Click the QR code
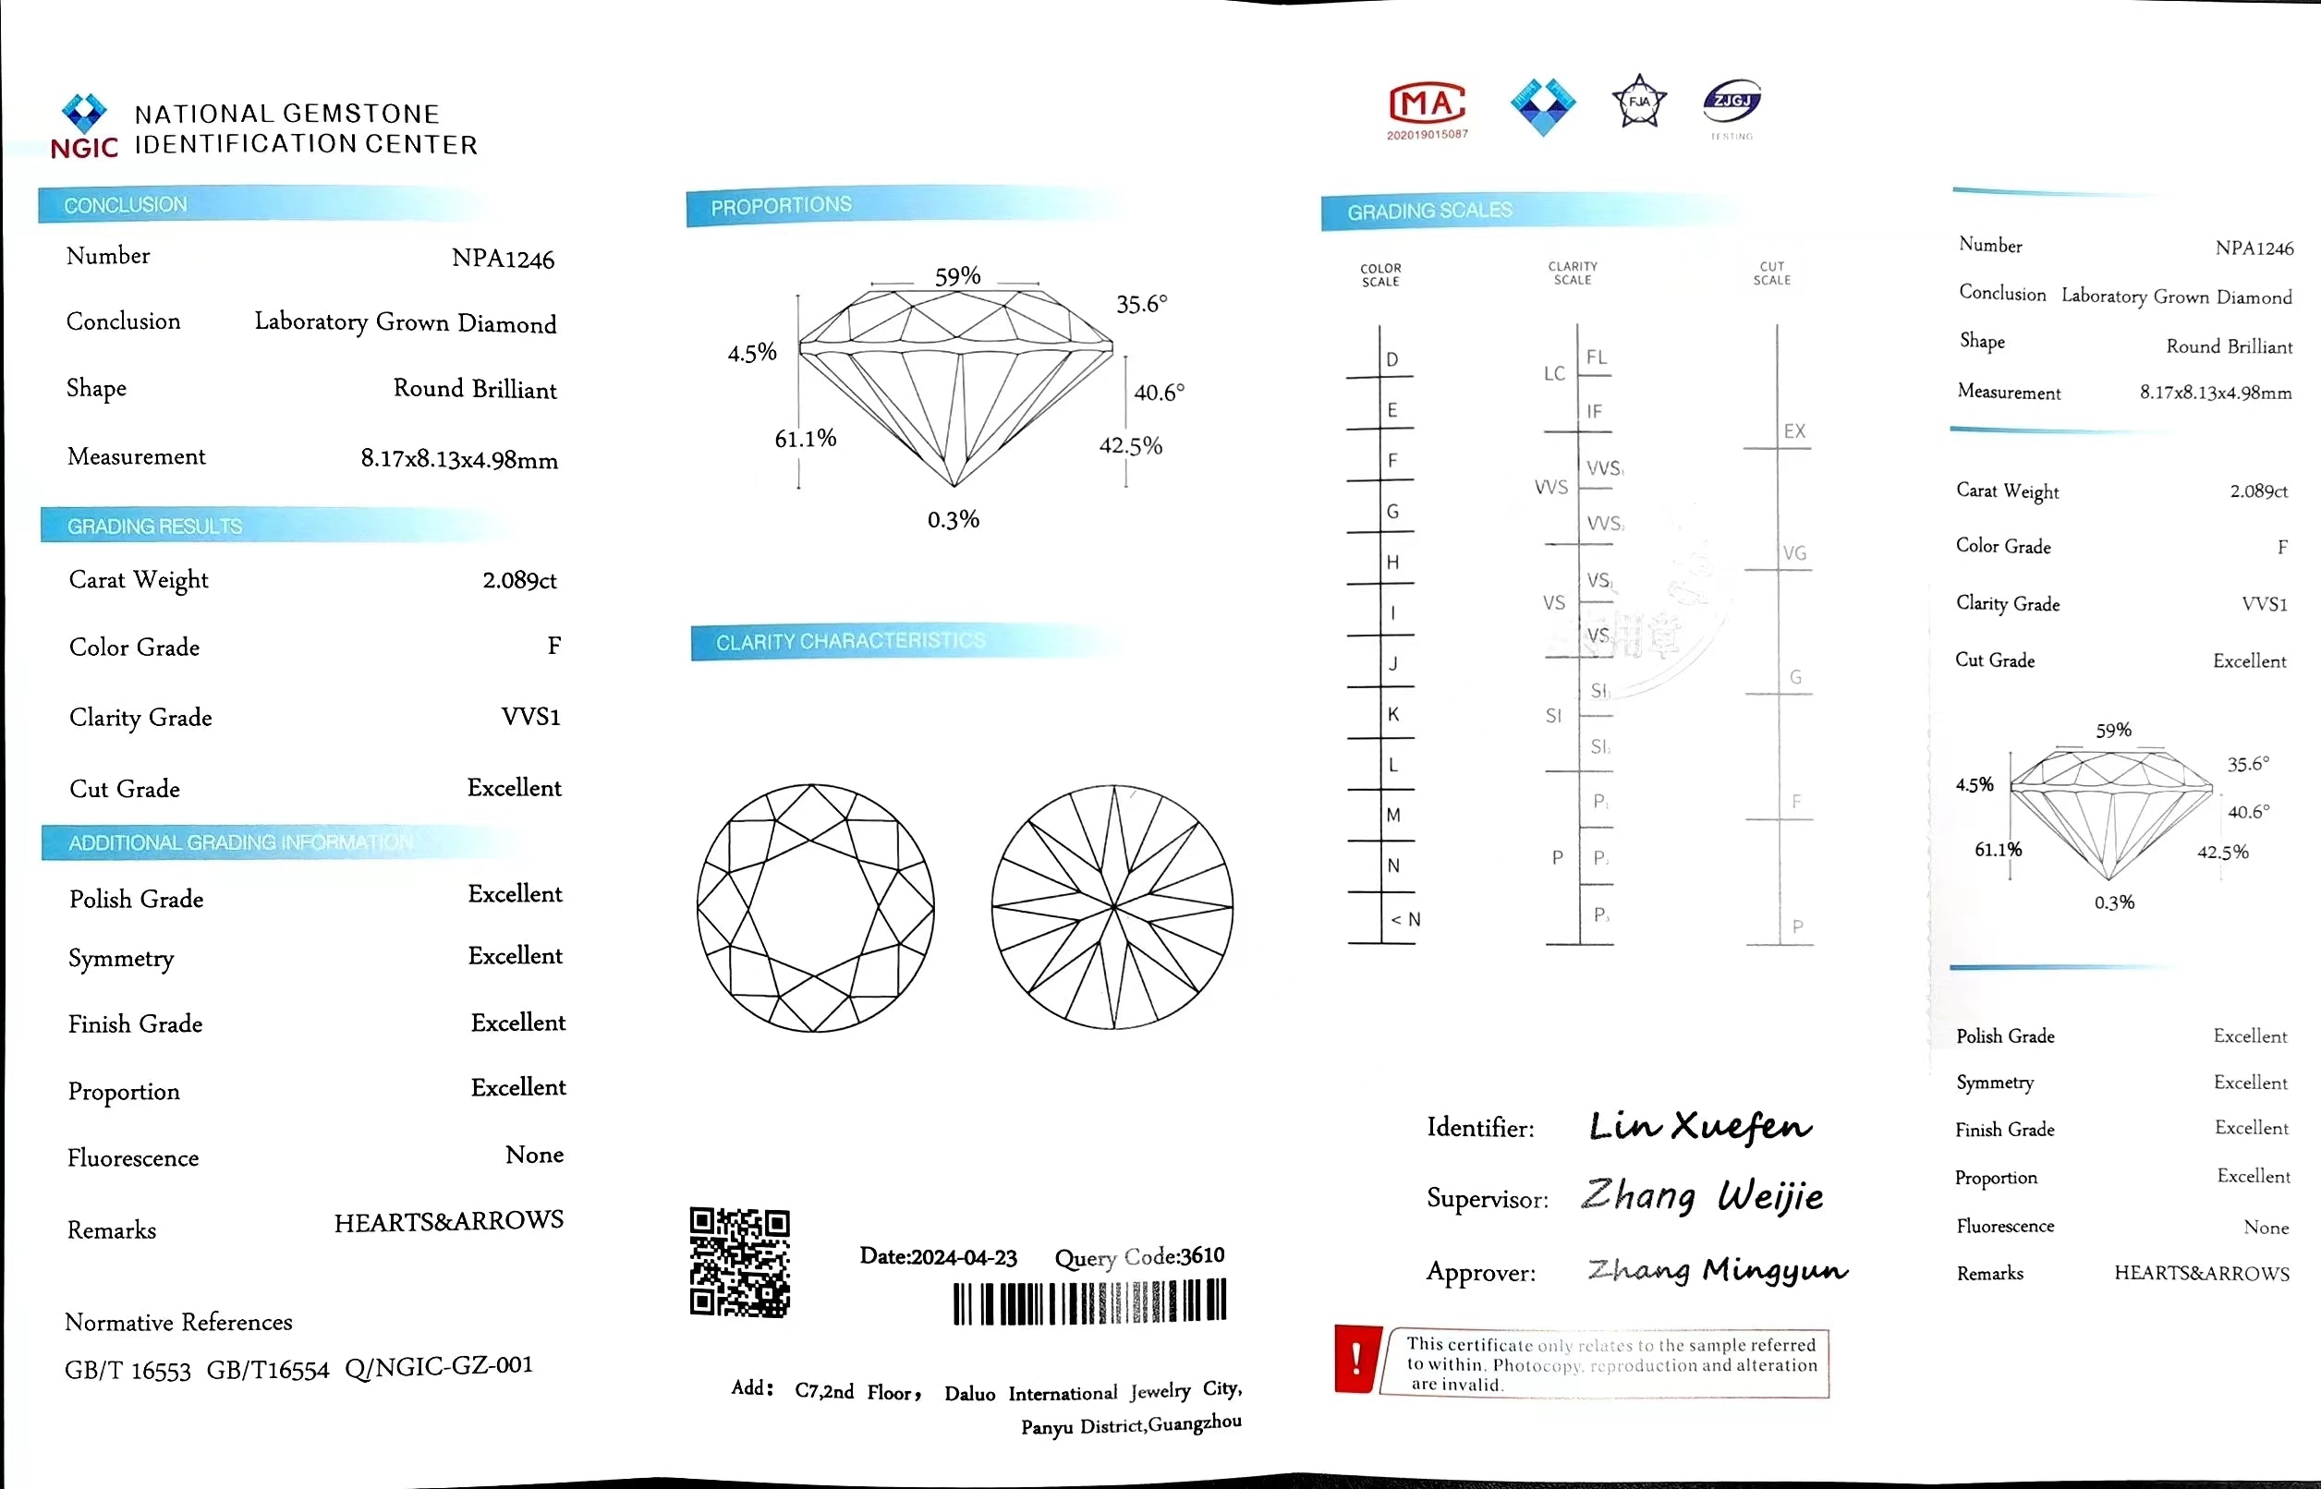740,1262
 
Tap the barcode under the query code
1089,1302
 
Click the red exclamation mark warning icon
1355,1359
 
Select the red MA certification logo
1427,104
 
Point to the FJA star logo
1639,102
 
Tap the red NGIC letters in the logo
84,148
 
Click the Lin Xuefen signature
1700,1126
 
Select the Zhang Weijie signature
1702,1197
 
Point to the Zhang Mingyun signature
1717,1269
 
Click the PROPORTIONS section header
782,206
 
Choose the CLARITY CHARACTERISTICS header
850,641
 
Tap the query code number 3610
1202,1255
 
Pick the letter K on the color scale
1392,714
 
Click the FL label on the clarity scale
1596,357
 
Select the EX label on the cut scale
1794,431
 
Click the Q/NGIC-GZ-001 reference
438,1366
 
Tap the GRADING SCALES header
1429,211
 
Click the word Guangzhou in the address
1195,1423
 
